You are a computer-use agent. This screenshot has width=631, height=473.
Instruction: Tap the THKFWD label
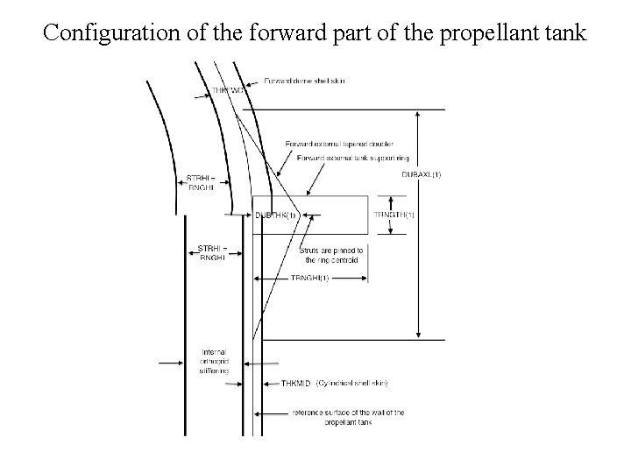pyautogui.click(x=227, y=89)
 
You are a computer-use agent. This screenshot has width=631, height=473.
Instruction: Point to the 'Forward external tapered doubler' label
pyautogui.click(x=339, y=144)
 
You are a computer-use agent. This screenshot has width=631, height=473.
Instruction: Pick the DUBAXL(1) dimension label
pyautogui.click(x=421, y=174)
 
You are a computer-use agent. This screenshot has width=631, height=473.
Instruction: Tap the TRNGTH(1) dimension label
pyautogui.click(x=393, y=215)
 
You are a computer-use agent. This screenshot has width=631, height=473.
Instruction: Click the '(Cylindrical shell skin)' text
pyautogui.click(x=352, y=384)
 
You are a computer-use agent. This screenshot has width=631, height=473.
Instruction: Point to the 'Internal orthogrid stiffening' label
pyautogui.click(x=214, y=362)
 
